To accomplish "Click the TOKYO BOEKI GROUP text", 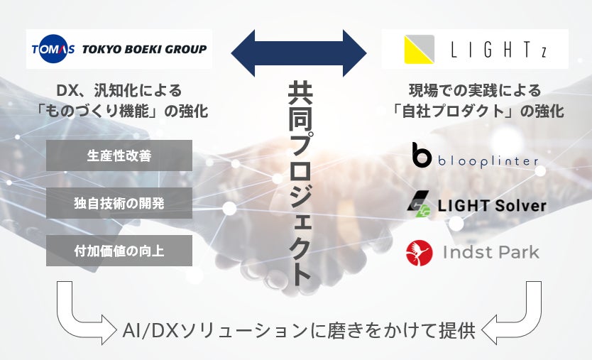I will tap(144, 49).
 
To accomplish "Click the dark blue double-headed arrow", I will tap(299, 53).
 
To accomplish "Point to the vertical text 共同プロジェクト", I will tap(300, 183).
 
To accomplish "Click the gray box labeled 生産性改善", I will tap(119, 156).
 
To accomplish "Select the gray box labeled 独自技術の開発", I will tap(119, 203).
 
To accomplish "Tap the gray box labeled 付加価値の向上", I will tap(119, 251).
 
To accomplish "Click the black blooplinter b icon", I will tap(422, 156).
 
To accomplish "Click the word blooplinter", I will tap(487, 160).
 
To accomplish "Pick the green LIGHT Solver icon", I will tap(418, 204).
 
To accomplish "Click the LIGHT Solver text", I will tap(491, 206).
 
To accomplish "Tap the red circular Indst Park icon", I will tap(420, 252).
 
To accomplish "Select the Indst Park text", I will tap(491, 252).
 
